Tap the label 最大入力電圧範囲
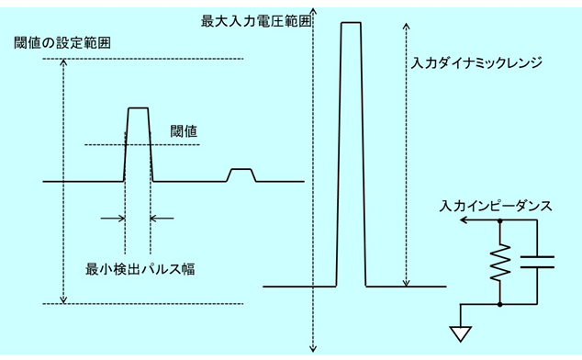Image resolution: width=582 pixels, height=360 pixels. (250, 19)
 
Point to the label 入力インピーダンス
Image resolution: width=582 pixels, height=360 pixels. (496, 207)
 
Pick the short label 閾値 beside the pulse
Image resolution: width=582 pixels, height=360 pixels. (185, 131)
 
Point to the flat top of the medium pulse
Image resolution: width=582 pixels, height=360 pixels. (138, 108)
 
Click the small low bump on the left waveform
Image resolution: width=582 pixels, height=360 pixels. (241, 170)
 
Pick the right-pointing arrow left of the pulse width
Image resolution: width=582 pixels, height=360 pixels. (119, 218)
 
